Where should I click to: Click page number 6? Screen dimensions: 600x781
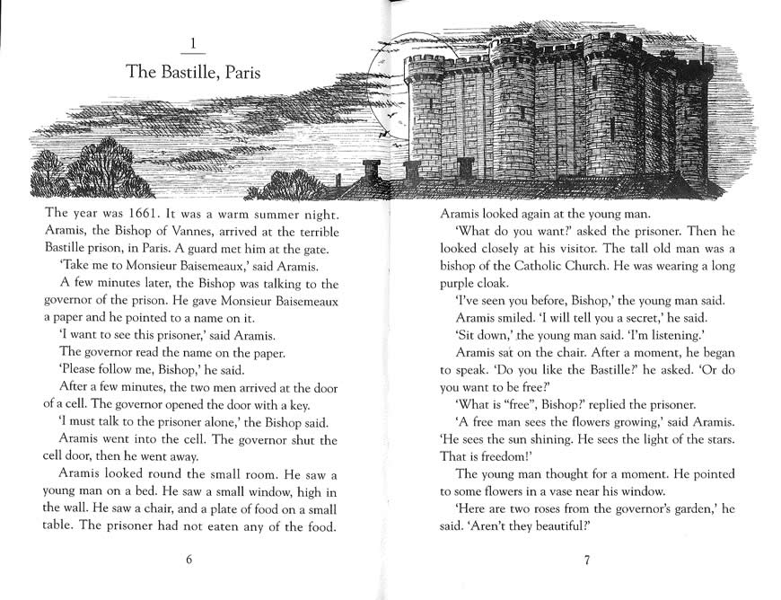[x=189, y=560]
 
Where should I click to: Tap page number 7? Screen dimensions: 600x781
[x=585, y=560]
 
